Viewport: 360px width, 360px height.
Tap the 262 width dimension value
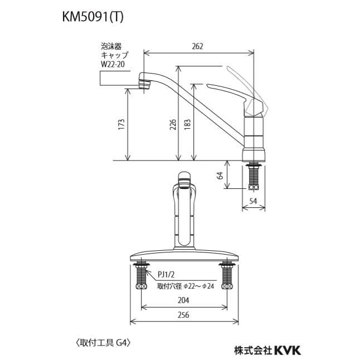(198, 47)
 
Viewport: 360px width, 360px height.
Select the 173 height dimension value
(121, 126)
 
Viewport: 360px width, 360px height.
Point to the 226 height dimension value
(173, 126)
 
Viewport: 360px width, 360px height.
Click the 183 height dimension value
(188, 126)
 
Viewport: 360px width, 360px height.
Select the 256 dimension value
(184, 315)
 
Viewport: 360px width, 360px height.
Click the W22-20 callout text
(114, 64)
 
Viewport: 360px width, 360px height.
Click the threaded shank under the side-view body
(255, 177)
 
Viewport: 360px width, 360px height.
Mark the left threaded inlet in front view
(140, 277)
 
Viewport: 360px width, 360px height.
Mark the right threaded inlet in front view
(227, 277)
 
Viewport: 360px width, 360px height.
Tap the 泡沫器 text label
(111, 47)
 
